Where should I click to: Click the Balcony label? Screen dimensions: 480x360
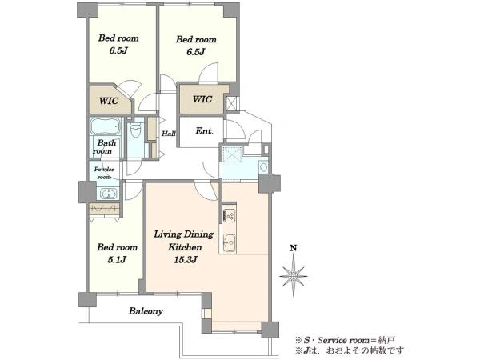146,311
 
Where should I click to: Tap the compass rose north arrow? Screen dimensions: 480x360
294,275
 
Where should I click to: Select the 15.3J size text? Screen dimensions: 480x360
186,260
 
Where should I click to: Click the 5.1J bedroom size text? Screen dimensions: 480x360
117,260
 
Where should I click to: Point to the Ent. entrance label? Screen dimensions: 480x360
204,131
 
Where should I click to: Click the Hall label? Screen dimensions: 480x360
168,134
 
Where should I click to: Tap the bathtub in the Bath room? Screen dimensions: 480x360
104,126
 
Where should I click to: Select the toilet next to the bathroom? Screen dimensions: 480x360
135,130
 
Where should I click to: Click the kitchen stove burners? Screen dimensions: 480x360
228,215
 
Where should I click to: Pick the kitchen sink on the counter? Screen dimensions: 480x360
228,242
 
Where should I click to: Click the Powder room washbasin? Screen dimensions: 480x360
107,194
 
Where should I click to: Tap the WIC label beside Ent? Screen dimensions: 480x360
202,99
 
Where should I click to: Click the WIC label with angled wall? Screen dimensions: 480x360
109,101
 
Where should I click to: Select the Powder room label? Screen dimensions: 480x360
104,173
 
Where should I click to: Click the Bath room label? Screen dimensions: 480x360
105,146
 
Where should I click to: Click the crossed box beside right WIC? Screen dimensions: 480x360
232,103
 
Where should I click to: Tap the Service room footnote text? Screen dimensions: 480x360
345,340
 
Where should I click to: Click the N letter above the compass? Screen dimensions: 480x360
294,248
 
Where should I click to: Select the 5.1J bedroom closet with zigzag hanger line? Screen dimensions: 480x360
104,209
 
